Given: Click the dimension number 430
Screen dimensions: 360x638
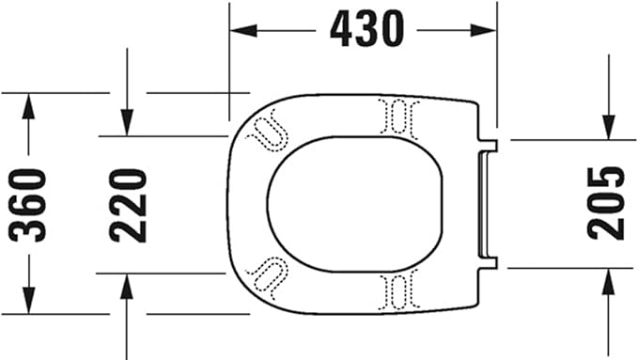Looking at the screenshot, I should [x=366, y=31].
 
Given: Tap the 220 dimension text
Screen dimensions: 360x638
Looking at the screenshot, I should [x=128, y=204].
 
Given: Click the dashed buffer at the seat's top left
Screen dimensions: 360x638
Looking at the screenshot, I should [x=270, y=126].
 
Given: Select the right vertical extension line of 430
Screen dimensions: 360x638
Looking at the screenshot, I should [x=497, y=66].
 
